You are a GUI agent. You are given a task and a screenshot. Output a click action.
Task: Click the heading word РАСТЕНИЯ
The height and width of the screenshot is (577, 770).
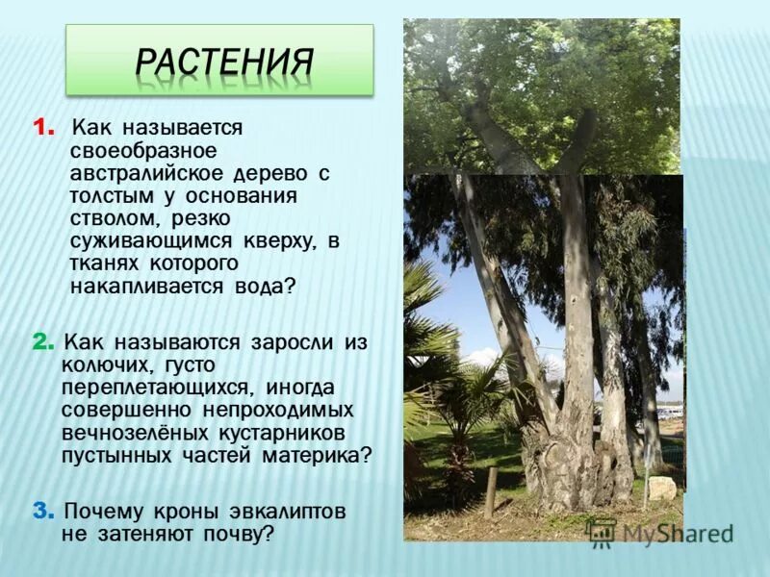(223, 62)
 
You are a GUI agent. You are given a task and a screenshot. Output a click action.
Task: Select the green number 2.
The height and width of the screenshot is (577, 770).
(42, 342)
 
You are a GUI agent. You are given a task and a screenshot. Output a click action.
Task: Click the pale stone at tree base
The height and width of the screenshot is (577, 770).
(662, 489)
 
